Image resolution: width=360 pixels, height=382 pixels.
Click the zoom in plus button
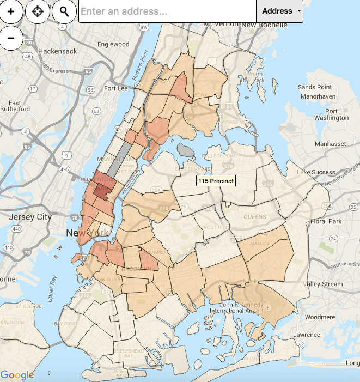pyautogui.click(x=11, y=11)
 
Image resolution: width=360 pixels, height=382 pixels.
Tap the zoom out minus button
pyautogui.click(x=11, y=38)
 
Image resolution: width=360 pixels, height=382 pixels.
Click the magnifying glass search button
pyautogui.click(x=64, y=11)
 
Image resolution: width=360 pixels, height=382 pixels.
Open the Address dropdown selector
pyautogui.click(x=279, y=11)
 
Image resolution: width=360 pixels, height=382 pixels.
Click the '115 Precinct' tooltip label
pyautogui.click(x=216, y=180)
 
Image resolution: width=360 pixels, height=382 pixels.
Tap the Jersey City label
pyautogui.click(x=29, y=217)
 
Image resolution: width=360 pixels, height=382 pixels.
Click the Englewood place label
pyautogui.click(x=113, y=44)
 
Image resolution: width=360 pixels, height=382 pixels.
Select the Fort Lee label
pyautogui.click(x=115, y=88)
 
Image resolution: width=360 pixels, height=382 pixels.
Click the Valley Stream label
pyautogui.click(x=324, y=284)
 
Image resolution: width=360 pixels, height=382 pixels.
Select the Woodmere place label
pyautogui.click(x=320, y=317)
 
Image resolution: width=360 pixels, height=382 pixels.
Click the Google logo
pyautogui.click(x=17, y=375)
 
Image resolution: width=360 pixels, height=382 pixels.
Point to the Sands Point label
pyautogui.click(x=315, y=87)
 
